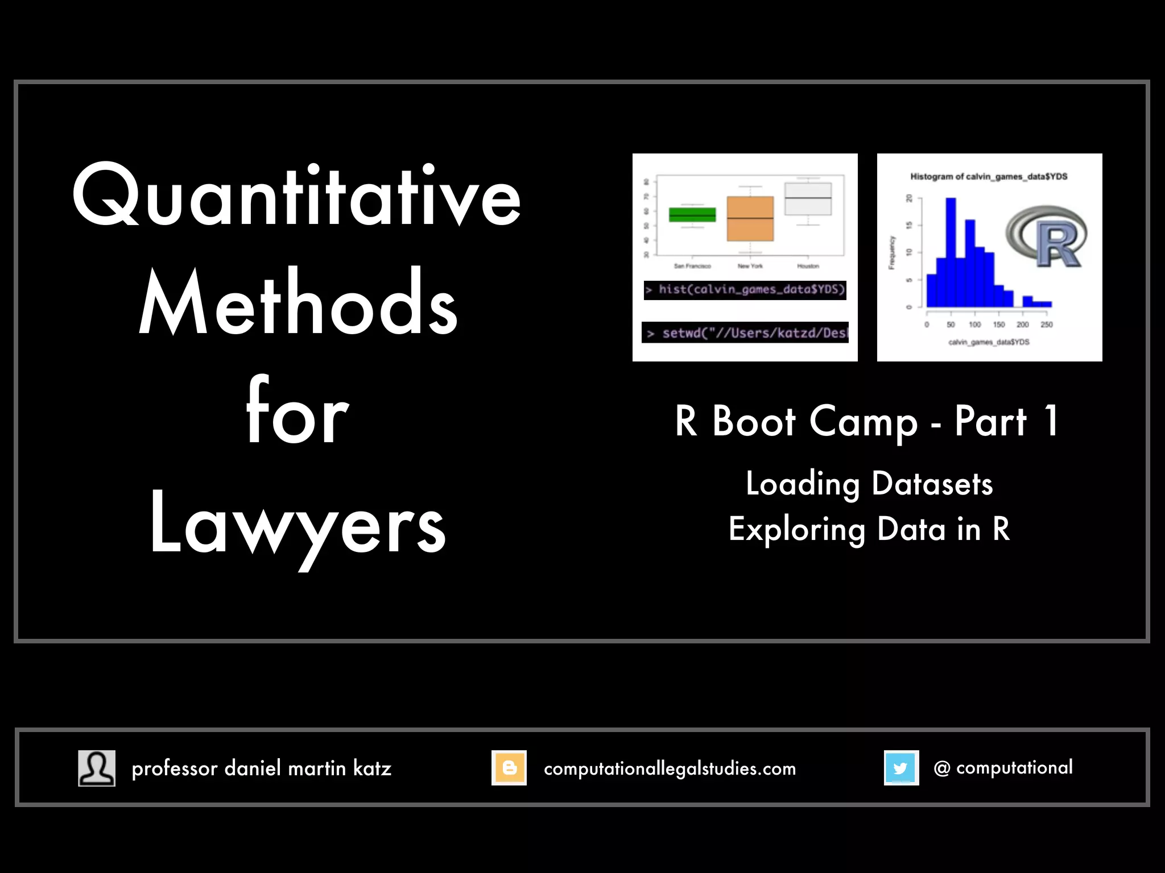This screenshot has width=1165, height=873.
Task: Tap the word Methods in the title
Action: tap(298, 304)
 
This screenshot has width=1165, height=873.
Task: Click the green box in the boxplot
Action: tap(692, 215)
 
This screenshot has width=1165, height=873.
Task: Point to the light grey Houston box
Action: tap(808, 199)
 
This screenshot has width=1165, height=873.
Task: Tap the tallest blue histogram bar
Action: tap(951, 250)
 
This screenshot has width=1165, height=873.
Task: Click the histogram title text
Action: tap(989, 177)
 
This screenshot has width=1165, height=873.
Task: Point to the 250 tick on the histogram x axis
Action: tap(1047, 325)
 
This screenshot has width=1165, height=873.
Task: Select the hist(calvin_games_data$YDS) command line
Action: tap(745, 290)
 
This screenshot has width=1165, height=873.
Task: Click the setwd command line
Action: tap(745, 332)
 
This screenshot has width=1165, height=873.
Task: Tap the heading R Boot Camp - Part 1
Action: tap(867, 422)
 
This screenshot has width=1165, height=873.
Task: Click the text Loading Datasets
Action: tap(869, 484)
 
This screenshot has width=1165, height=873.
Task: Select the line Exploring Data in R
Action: tap(869, 530)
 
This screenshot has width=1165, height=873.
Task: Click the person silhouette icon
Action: tap(97, 768)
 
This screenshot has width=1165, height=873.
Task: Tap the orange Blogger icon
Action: tap(509, 768)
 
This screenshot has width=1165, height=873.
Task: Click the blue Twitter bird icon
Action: tap(901, 768)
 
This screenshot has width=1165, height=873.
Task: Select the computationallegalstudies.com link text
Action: tap(670, 769)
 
